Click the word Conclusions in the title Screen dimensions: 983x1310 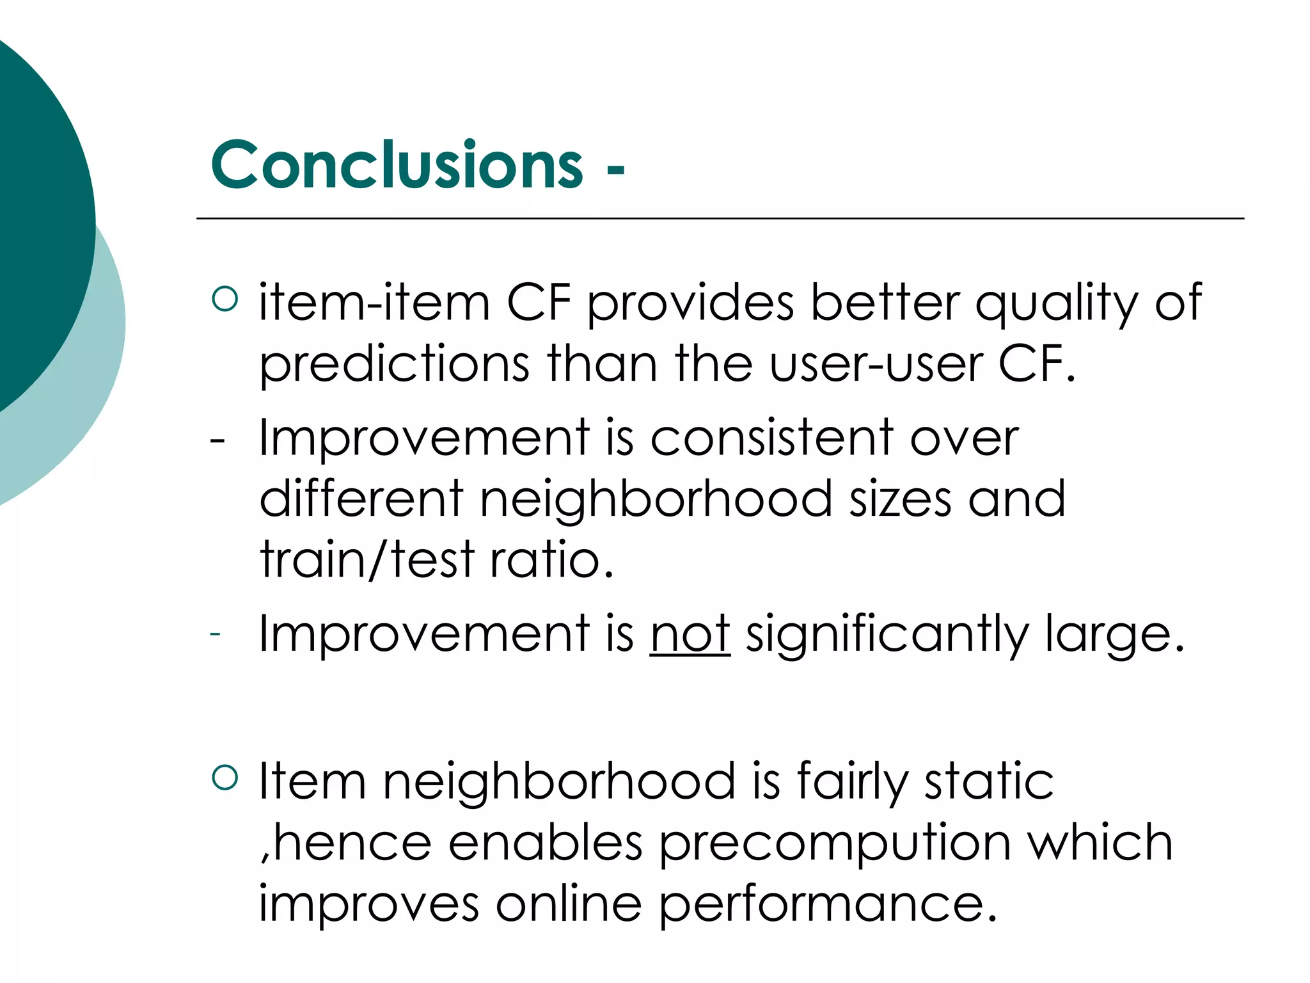pyautogui.click(x=397, y=166)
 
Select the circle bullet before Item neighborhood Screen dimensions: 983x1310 pyautogui.click(x=225, y=777)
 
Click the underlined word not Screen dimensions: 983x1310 pyautogui.click(x=690, y=634)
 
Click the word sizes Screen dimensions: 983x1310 pyautogui.click(x=900, y=499)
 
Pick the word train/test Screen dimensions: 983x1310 pyautogui.click(x=367, y=559)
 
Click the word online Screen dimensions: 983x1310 pyautogui.click(x=569, y=904)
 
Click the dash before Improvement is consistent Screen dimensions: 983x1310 pyautogui.click(x=217, y=440)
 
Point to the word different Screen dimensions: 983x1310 pyautogui.click(x=361, y=499)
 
